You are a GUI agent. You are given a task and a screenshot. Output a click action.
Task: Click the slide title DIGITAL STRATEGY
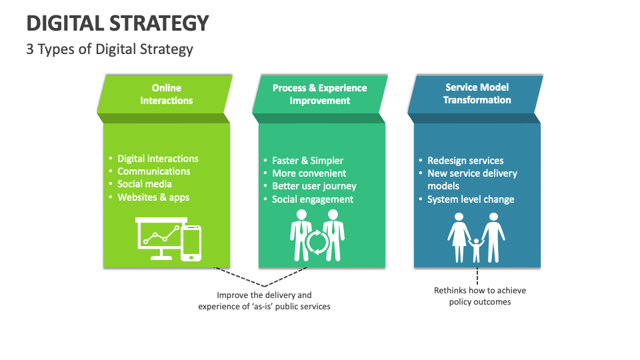tap(117, 23)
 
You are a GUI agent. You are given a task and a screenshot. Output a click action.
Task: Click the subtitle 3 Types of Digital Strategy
tap(109, 49)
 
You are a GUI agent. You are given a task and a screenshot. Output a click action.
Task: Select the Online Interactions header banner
tap(166, 94)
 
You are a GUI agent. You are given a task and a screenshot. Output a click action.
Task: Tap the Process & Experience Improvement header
tap(319, 94)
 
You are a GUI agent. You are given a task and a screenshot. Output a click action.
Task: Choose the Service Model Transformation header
tap(477, 94)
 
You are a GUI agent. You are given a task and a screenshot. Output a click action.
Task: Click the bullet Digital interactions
tap(157, 159)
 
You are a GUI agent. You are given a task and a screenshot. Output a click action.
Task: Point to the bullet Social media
tap(144, 184)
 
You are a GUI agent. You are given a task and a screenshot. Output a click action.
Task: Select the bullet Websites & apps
tap(153, 197)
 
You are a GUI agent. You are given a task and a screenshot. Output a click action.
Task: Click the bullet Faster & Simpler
tap(307, 161)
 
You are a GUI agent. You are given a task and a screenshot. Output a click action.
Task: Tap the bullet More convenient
tap(309, 173)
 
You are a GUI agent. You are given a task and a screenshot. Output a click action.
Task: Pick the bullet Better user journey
tap(314, 186)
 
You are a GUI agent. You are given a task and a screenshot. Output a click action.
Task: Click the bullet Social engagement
tap(312, 199)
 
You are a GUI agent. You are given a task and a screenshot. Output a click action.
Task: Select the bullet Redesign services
tap(465, 161)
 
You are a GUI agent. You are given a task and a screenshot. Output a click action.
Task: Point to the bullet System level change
tap(470, 199)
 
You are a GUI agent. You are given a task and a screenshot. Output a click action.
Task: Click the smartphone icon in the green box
tap(191, 242)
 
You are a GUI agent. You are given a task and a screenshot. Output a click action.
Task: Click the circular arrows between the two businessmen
tap(317, 243)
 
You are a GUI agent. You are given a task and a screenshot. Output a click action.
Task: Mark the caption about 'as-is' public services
tap(264, 301)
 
